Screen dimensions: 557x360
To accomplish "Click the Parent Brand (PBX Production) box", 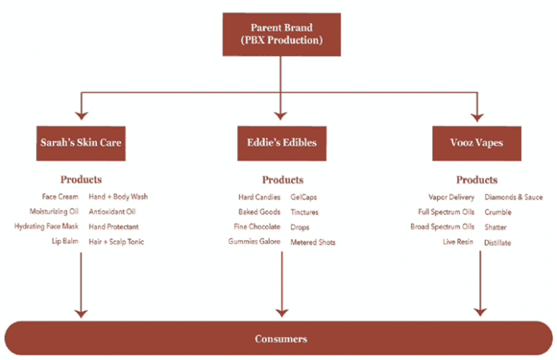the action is click(x=282, y=34).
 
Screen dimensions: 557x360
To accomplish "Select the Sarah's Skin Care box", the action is click(x=81, y=143).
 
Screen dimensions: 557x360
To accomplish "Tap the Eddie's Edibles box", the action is click(x=282, y=143).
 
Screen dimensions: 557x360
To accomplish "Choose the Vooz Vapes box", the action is click(x=477, y=143).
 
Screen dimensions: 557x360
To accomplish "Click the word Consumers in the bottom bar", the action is click(x=281, y=338).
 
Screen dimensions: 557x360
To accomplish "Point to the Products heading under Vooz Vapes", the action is click(x=477, y=180).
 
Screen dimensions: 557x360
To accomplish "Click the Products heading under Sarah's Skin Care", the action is click(x=81, y=179).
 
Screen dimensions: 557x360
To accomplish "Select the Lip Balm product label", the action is click(x=65, y=241).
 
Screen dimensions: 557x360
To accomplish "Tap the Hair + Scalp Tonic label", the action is click(x=117, y=242).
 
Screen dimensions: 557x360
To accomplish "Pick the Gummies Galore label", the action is click(x=254, y=242).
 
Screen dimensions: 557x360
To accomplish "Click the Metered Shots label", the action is click(x=313, y=242).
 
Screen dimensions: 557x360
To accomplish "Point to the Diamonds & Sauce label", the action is click(x=514, y=197).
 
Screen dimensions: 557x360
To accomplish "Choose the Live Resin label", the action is click(x=458, y=242).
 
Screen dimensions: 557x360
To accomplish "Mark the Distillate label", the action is click(x=498, y=243).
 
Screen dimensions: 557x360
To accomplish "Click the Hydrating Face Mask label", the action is click(x=46, y=226).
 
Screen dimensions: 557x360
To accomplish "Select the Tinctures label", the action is click(x=304, y=212).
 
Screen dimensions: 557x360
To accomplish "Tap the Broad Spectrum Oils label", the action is click(x=443, y=226).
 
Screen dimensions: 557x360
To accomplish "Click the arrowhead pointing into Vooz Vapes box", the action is click(x=477, y=118).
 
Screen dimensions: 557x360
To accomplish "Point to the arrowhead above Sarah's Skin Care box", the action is click(x=82, y=116).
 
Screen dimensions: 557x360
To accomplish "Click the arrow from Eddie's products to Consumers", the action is click(x=282, y=284).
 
